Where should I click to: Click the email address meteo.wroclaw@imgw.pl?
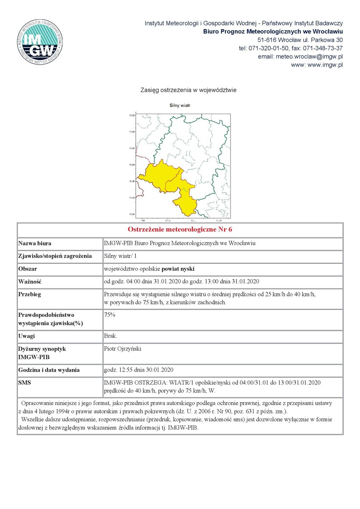(309, 56)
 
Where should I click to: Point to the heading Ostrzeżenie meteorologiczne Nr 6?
(180, 229)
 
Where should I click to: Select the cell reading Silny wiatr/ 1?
(121, 256)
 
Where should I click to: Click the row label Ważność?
(29, 281)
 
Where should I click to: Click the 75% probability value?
(110, 315)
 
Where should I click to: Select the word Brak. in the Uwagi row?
(111, 336)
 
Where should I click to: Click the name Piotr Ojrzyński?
(122, 349)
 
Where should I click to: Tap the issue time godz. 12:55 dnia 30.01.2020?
(138, 369)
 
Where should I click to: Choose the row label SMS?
(25, 383)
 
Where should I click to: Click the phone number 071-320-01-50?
(269, 48)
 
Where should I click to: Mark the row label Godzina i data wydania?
(49, 370)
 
